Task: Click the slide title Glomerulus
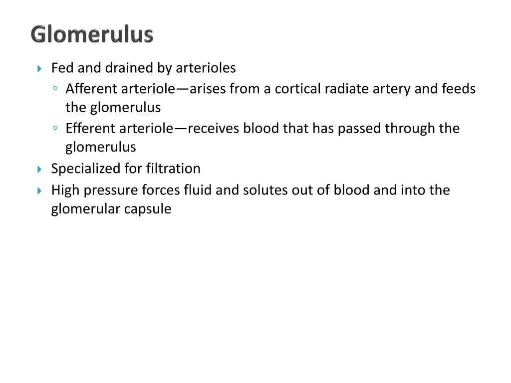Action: tap(91, 35)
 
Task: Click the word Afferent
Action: tap(91, 89)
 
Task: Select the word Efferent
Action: tap(90, 128)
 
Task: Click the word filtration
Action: tap(173, 169)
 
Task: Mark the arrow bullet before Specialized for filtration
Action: tap(40, 169)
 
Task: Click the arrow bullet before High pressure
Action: tap(40, 191)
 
